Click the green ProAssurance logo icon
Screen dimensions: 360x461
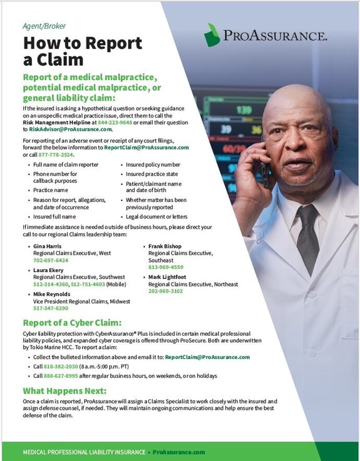[x=212, y=35]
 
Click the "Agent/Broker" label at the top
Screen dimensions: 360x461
[x=44, y=26]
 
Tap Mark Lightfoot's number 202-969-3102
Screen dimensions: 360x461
[x=165, y=291]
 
